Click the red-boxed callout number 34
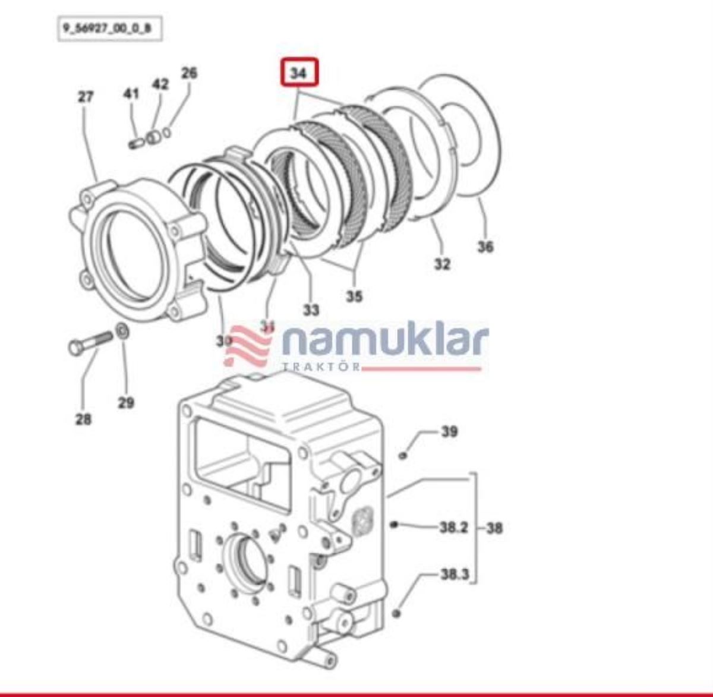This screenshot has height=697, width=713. [300, 74]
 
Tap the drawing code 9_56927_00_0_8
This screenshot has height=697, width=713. [109, 29]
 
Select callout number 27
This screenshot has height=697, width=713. [86, 96]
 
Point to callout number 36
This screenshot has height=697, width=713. [485, 246]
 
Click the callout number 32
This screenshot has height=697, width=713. [441, 263]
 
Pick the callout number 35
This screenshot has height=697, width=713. [354, 295]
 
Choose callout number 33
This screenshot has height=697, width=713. [311, 310]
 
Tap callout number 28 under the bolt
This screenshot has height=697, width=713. [83, 419]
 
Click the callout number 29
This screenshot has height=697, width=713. [125, 403]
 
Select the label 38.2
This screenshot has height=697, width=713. [453, 527]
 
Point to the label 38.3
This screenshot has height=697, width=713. [454, 575]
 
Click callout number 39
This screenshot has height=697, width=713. [449, 431]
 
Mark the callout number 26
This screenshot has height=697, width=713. [189, 74]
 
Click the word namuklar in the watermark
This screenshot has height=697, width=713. [385, 342]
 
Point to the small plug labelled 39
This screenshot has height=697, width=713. [403, 455]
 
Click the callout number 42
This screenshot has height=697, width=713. [160, 84]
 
